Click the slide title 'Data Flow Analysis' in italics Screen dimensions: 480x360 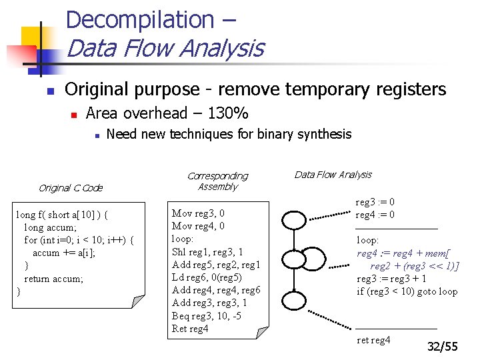point(165,49)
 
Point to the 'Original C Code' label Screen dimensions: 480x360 point(71,188)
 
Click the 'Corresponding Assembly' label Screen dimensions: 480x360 point(217,181)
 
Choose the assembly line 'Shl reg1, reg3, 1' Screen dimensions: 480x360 point(207,252)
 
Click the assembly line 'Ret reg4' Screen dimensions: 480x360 point(190,328)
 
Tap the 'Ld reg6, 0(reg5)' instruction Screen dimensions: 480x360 point(207,277)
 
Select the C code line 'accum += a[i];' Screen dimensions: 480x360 point(64,253)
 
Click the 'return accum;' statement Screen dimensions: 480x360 point(53,279)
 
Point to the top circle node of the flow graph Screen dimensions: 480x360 point(294,219)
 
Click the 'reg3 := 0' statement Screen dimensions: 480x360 point(375,202)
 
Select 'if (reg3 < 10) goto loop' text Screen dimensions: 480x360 point(407,291)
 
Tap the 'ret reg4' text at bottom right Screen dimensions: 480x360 point(373,341)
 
